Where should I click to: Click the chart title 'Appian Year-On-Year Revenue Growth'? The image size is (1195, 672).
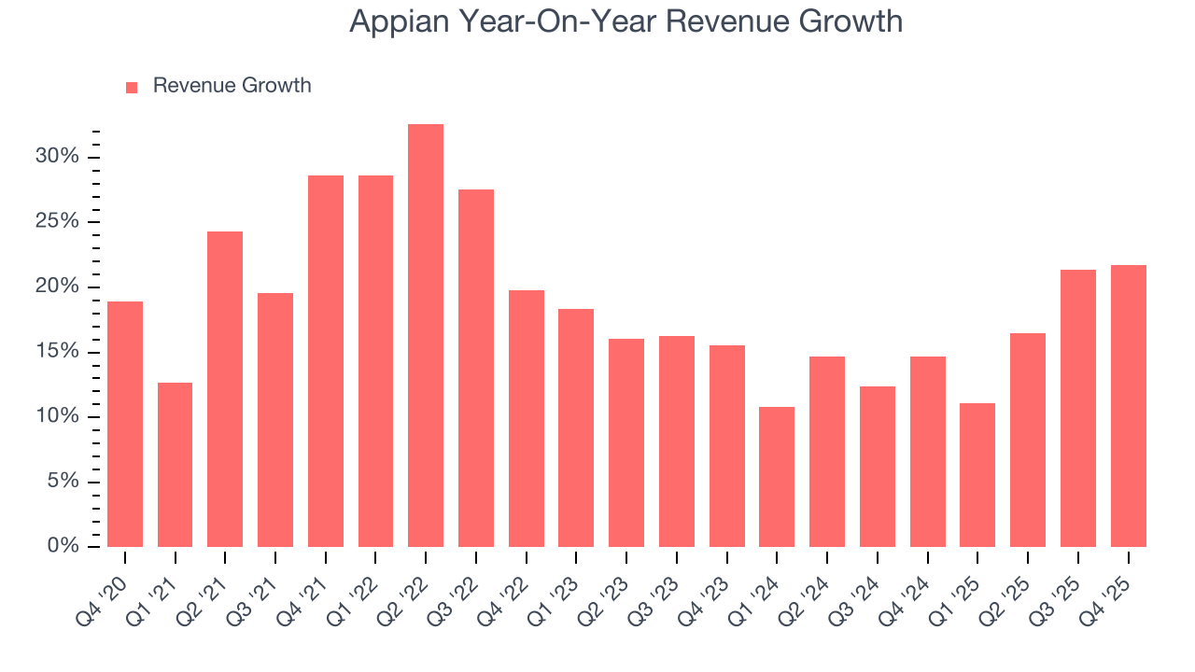tap(626, 21)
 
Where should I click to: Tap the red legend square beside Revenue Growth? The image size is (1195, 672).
tap(132, 87)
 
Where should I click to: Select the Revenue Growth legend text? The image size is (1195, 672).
tap(232, 86)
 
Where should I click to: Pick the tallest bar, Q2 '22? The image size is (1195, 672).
tap(426, 335)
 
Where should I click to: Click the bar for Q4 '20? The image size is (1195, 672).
tap(125, 424)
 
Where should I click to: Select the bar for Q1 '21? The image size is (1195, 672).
tap(176, 465)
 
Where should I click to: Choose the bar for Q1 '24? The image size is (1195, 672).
tap(777, 477)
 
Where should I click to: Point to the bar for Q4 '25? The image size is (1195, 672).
tap(1128, 406)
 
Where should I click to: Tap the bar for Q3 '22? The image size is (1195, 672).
tap(476, 368)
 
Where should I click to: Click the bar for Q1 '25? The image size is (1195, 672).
tap(977, 475)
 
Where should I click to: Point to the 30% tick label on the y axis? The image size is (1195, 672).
tap(57, 156)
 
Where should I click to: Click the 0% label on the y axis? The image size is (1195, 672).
tap(63, 546)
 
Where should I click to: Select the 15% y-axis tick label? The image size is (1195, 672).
tap(57, 351)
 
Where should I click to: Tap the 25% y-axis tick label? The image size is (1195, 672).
tap(57, 221)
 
